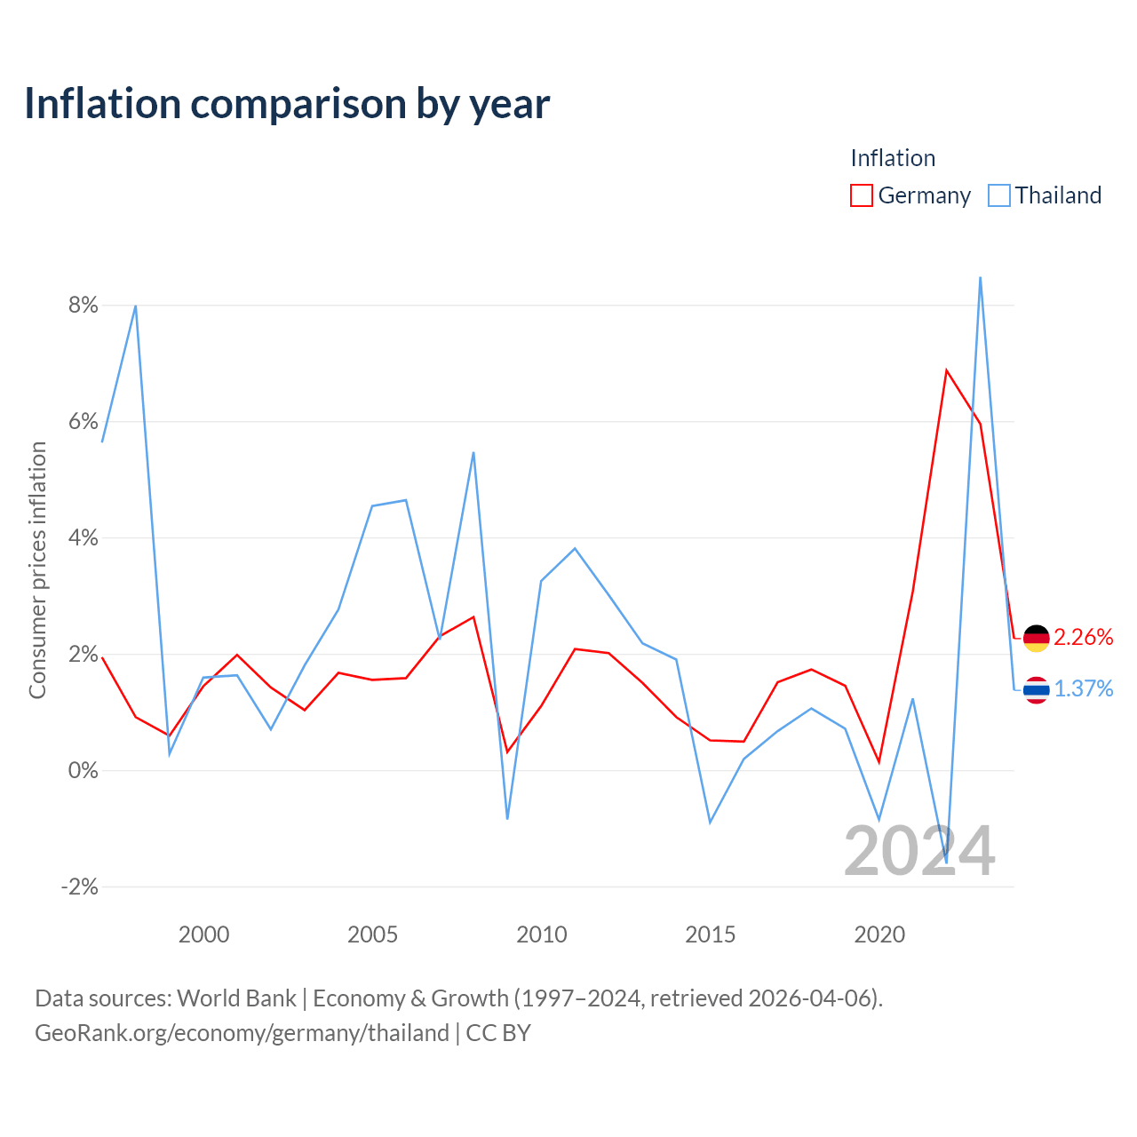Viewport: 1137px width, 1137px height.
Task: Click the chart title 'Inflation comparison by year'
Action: click(x=287, y=104)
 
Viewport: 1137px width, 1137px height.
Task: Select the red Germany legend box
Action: click(x=861, y=195)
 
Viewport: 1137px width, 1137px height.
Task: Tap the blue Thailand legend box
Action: click(x=998, y=195)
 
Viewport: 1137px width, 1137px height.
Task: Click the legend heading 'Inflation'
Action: click(x=893, y=158)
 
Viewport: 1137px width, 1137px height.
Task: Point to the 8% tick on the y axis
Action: click(x=83, y=305)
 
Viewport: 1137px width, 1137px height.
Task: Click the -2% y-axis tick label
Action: click(x=80, y=887)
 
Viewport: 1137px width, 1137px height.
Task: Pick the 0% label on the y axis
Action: click(x=83, y=770)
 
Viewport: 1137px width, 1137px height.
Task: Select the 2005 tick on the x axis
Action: click(x=372, y=934)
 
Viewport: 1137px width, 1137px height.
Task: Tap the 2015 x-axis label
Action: click(x=711, y=934)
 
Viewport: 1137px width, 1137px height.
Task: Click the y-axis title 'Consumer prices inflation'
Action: click(x=37, y=570)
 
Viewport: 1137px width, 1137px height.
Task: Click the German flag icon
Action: click(x=1036, y=639)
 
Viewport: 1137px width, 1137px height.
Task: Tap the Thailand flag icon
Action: click(x=1036, y=690)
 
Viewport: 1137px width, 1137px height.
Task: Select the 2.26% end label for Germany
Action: click(x=1084, y=637)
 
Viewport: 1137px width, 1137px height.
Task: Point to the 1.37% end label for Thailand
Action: click(x=1084, y=688)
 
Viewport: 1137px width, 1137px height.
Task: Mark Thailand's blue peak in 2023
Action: click(x=980, y=277)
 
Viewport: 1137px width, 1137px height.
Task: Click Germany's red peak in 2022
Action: click(x=946, y=370)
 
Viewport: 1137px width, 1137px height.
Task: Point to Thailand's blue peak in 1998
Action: click(x=136, y=306)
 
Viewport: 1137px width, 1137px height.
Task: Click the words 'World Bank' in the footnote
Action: click(x=236, y=998)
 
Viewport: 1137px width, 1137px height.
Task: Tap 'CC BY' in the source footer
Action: click(x=498, y=1033)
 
